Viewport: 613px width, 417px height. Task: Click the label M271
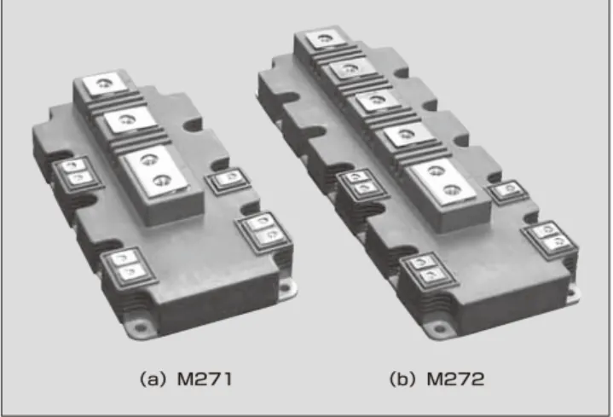tap(205, 379)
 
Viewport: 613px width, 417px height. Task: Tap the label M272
tap(455, 379)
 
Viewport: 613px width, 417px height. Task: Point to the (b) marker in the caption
tap(402, 379)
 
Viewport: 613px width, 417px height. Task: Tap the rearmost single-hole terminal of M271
tap(104, 84)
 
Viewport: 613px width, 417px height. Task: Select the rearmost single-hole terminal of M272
tap(325, 38)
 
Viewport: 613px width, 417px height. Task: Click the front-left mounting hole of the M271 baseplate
tap(140, 326)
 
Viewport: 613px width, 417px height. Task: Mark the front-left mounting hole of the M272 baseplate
tap(438, 327)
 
